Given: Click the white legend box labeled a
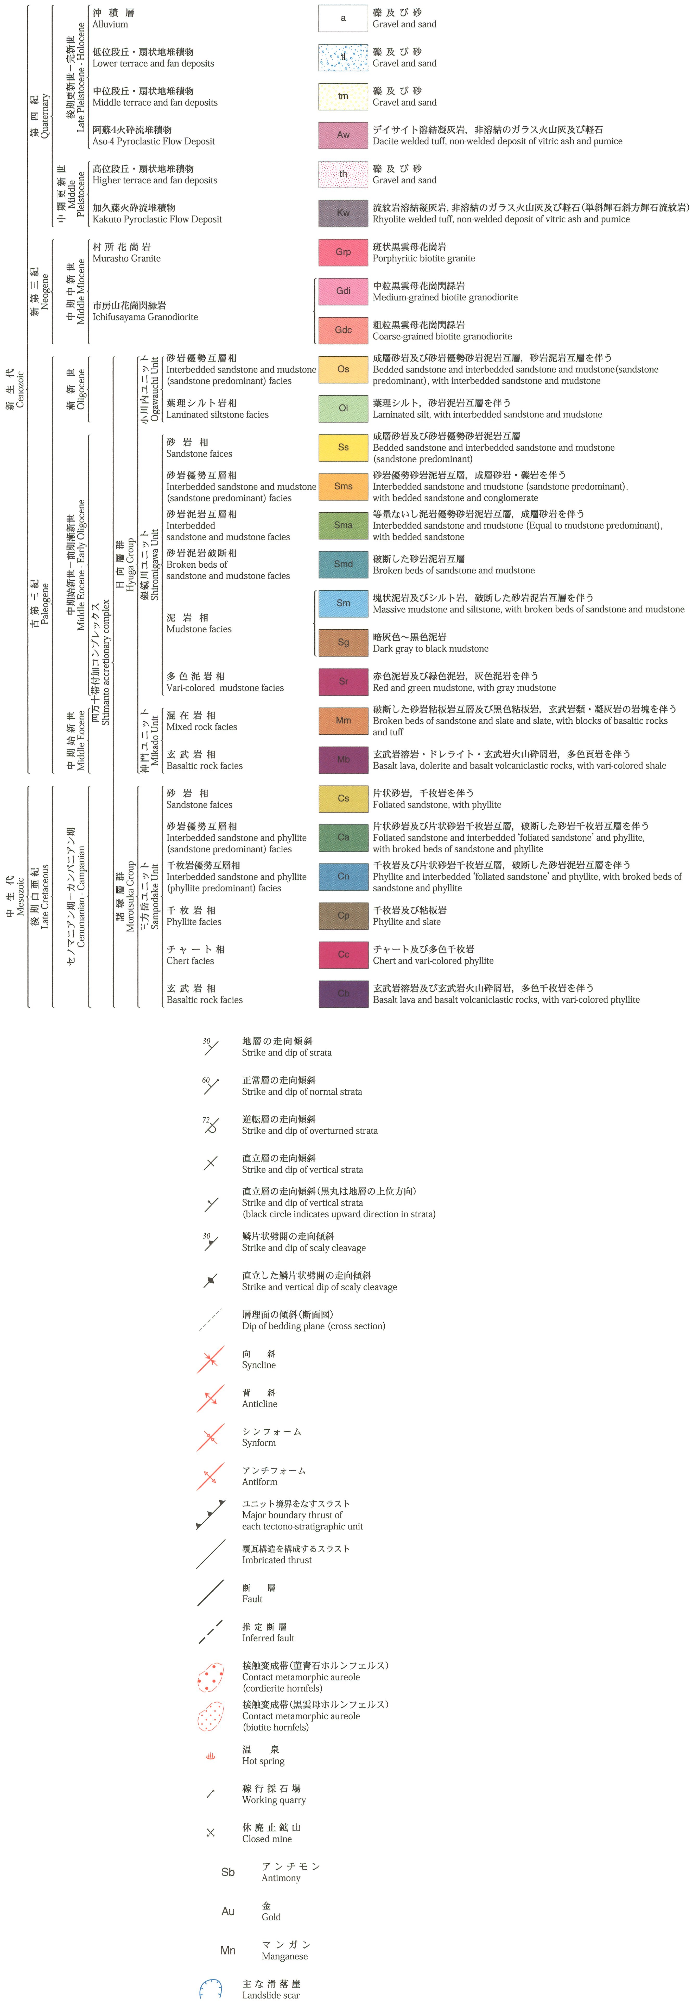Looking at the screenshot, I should coord(343,18).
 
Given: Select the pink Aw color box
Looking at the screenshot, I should coord(343,135).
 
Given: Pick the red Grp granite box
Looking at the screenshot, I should coord(343,252).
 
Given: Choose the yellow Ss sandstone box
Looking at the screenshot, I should coord(343,447).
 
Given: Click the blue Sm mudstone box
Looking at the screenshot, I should coord(343,603).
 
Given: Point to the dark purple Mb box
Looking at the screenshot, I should coord(343,759).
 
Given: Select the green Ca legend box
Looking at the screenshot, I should coord(343,837).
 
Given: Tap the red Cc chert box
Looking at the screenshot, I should coord(343,954).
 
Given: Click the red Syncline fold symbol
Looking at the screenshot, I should coord(210,1359).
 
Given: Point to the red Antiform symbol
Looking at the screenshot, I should coord(210,1476).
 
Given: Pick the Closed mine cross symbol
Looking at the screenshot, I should coord(210,1833).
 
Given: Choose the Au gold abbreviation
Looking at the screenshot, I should coord(228,1912).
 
